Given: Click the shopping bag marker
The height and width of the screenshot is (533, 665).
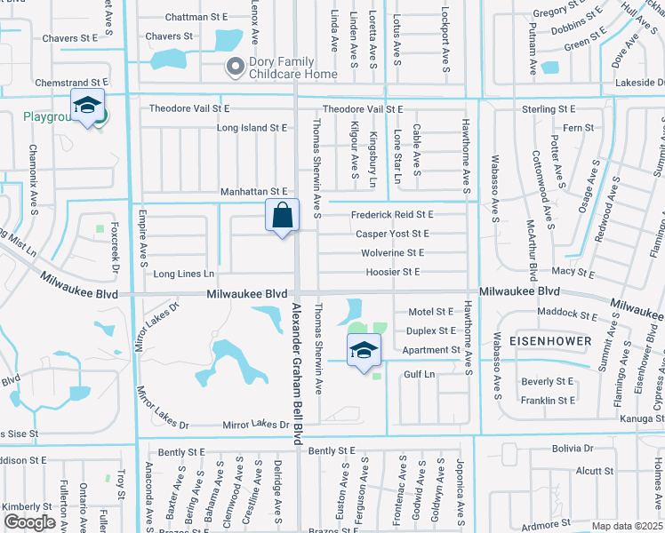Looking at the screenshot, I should click(282, 216).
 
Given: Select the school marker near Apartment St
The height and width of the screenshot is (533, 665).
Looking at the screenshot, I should click(364, 351).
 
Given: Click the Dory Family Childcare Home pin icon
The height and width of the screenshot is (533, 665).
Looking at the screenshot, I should click(236, 67).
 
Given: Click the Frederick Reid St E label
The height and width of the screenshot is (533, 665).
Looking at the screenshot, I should click(391, 215).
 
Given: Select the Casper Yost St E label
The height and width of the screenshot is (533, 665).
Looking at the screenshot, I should click(392, 234).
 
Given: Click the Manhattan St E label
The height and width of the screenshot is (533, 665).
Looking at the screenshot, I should click(254, 192).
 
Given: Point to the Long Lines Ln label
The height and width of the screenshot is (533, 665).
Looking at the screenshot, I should click(184, 274).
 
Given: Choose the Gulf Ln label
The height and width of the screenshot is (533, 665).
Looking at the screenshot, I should click(419, 375).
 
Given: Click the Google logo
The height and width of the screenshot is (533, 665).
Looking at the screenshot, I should click(28, 522).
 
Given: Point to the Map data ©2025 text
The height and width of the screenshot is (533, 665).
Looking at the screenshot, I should click(627, 526).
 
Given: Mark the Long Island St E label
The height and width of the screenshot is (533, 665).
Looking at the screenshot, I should click(252, 128).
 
